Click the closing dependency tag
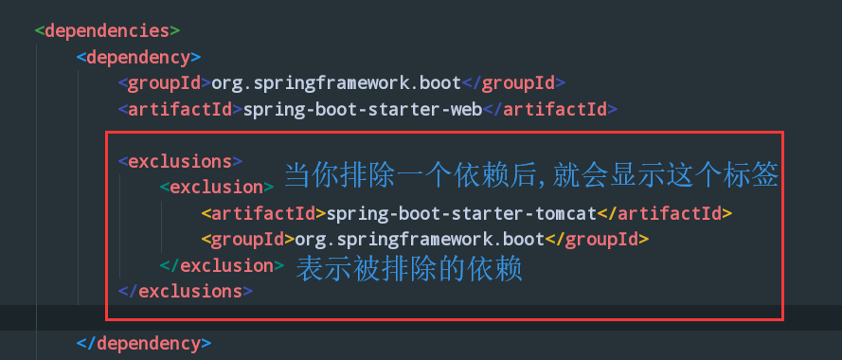click(143, 342)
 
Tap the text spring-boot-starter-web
click(363, 109)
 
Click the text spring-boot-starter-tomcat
click(461, 213)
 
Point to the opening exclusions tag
click(180, 161)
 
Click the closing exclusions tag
click(186, 291)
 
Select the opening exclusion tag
click(217, 188)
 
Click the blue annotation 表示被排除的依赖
click(409, 270)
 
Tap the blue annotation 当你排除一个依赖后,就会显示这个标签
click(531, 174)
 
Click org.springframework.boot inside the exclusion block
click(420, 239)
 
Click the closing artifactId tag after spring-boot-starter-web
click(550, 109)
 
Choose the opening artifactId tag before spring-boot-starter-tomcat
click(263, 213)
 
